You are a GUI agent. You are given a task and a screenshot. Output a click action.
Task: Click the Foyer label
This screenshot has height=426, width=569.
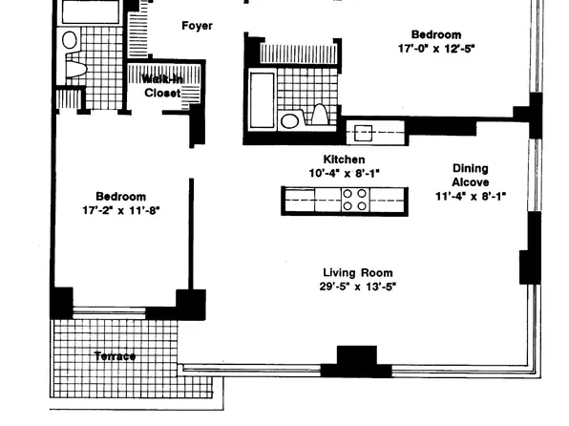(197, 26)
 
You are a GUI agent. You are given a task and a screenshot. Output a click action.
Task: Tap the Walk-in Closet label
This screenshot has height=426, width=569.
(162, 86)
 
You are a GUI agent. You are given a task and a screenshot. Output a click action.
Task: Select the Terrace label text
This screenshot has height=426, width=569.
(115, 356)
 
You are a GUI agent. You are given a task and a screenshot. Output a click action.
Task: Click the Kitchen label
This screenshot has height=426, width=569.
(344, 160)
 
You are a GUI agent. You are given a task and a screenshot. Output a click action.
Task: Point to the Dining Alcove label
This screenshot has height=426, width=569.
(471, 175)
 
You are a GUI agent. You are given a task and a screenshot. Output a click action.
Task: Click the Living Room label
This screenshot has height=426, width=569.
(358, 272)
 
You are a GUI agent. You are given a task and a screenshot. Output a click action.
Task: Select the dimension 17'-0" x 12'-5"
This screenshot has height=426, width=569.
(436, 49)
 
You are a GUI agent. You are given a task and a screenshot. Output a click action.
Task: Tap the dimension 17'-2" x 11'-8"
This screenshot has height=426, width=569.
(121, 210)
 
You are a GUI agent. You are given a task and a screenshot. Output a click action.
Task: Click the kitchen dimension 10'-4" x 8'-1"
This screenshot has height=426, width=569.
(344, 173)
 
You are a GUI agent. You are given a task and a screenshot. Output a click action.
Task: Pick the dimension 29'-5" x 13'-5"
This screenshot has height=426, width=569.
(358, 287)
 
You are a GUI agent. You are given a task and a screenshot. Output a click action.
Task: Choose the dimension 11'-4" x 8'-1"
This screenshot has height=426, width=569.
(471, 196)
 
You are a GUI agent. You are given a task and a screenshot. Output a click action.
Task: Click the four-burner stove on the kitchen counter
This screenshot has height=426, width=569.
(355, 200)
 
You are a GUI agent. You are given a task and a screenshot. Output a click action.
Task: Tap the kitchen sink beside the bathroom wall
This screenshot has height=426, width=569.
(363, 133)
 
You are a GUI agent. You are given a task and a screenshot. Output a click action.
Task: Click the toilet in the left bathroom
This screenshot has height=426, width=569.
(75, 69)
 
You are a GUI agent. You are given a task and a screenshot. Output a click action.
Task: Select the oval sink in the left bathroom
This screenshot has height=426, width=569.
(70, 39)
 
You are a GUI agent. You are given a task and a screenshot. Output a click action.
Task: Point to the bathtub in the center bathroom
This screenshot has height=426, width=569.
(262, 100)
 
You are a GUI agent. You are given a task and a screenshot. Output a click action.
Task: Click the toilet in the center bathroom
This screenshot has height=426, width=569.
(320, 114)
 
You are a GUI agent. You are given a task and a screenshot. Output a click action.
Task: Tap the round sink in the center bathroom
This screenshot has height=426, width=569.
(290, 121)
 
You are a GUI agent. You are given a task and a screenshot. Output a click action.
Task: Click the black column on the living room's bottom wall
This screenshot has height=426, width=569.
(357, 361)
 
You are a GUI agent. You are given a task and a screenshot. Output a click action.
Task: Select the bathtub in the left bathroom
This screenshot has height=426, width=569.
(91, 12)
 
